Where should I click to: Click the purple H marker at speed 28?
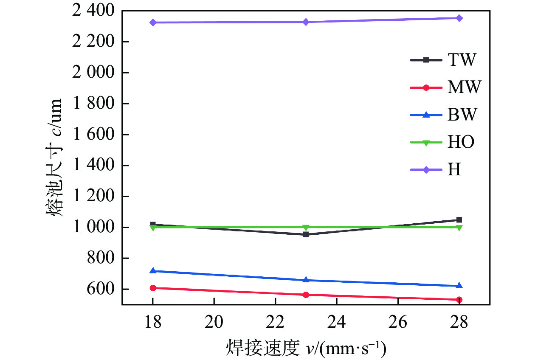coord(459,18)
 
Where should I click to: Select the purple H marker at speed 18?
coord(153,22)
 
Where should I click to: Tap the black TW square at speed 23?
coord(306,234)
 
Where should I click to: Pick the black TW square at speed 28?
coord(459,220)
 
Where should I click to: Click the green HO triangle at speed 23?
coord(306,228)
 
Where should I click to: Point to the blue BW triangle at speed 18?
coord(153,270)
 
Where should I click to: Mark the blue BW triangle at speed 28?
coord(459,286)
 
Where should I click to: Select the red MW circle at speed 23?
coord(306,295)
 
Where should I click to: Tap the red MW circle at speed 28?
coord(459,300)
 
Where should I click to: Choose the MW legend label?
coord(464,88)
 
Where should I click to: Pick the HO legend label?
coord(461,143)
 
